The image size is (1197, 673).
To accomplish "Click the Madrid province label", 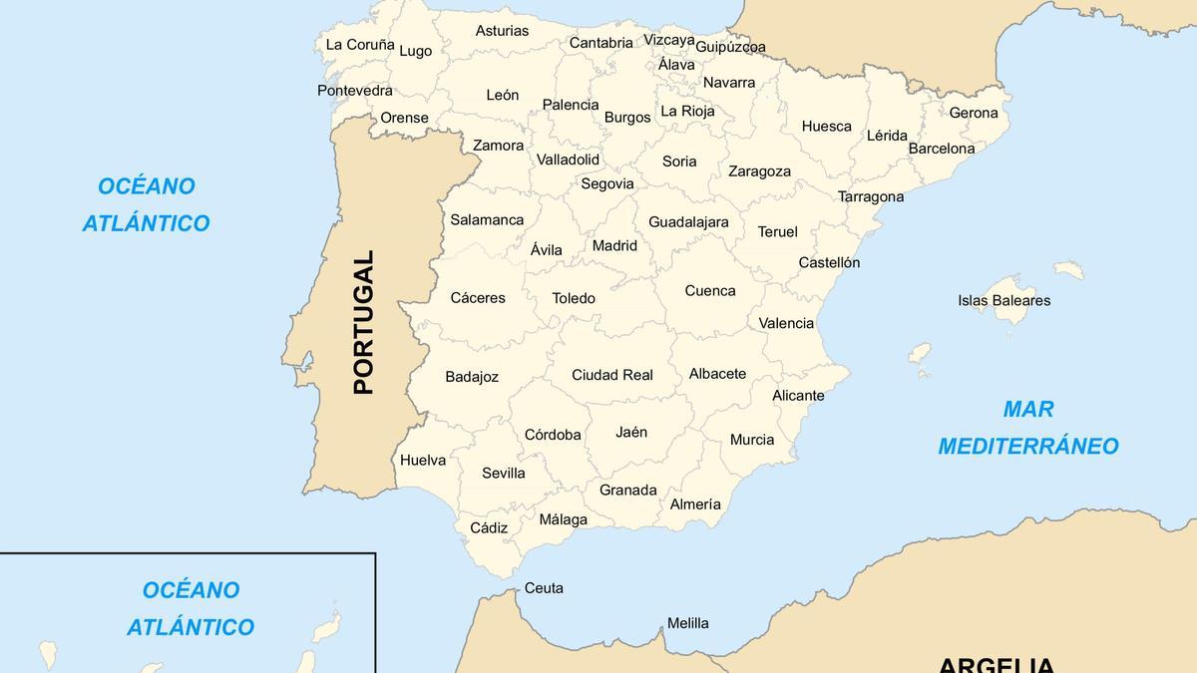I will [x=614, y=245].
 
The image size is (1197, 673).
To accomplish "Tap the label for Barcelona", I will [x=942, y=149].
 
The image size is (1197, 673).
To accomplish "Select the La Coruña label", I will [x=360, y=44].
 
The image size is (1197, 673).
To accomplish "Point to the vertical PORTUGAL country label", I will [x=363, y=322].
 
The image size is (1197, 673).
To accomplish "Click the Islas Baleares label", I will [x=1003, y=300].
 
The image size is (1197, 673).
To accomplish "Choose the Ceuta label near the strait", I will [x=544, y=588].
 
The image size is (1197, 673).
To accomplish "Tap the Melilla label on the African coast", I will [x=687, y=623].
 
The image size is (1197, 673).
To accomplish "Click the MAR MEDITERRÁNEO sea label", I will [x=1028, y=428].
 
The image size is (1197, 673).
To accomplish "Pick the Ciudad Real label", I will [x=612, y=375].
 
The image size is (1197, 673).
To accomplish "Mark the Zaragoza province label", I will [x=759, y=171].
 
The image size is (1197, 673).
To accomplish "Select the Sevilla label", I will [x=504, y=473].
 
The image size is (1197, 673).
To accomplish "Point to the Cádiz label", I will [x=489, y=527].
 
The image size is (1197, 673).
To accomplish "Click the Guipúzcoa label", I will [x=730, y=47].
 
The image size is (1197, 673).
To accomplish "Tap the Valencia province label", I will [x=786, y=323].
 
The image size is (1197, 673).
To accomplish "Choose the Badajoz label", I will [x=472, y=377].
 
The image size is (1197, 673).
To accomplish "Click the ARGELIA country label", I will [x=996, y=664].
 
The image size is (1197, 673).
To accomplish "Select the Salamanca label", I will [x=487, y=219].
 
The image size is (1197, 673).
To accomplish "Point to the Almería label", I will [x=695, y=504].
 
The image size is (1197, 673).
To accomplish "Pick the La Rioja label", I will [x=687, y=111].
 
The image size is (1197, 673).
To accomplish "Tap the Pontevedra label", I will [x=355, y=90].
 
